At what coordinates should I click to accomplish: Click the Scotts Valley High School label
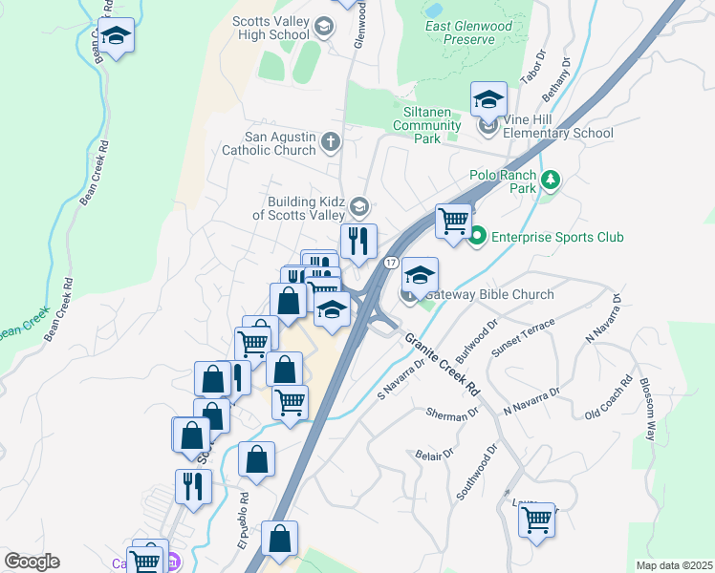click(x=271, y=28)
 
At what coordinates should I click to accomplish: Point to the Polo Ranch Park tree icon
click(x=550, y=180)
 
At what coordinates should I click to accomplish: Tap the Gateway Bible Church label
click(x=488, y=294)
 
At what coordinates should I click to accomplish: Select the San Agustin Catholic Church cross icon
click(x=331, y=142)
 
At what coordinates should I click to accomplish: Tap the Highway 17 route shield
click(x=391, y=262)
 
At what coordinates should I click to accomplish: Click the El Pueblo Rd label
click(x=244, y=520)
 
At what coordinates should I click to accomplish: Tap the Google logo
click(x=32, y=562)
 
